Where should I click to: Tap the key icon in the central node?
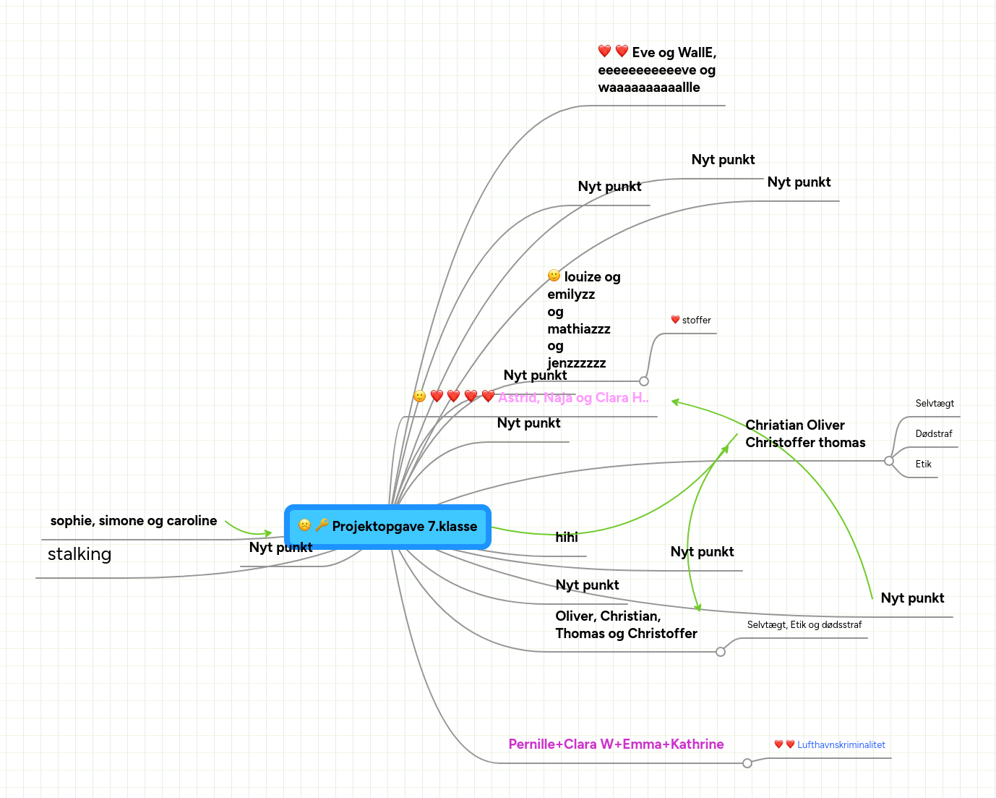click(322, 525)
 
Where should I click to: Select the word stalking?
click(80, 554)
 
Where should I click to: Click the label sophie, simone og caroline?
click(134, 521)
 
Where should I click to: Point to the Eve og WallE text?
click(656, 69)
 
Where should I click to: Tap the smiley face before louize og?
click(554, 276)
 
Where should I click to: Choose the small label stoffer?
click(696, 320)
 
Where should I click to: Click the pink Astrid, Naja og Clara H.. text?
click(573, 397)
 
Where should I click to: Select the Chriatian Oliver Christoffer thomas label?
click(805, 433)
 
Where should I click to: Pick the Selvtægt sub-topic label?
click(935, 404)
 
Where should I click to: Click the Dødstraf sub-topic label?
click(934, 434)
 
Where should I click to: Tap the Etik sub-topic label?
click(924, 464)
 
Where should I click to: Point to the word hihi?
click(567, 537)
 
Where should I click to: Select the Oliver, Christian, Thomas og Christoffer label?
click(626, 624)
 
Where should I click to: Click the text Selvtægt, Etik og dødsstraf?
click(804, 625)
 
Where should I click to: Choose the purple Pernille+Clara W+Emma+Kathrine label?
click(616, 744)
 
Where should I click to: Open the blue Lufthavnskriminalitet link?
click(841, 745)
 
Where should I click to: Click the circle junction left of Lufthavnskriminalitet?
click(747, 763)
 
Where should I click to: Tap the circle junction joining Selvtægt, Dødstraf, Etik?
click(889, 461)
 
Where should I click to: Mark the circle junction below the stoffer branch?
click(644, 381)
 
